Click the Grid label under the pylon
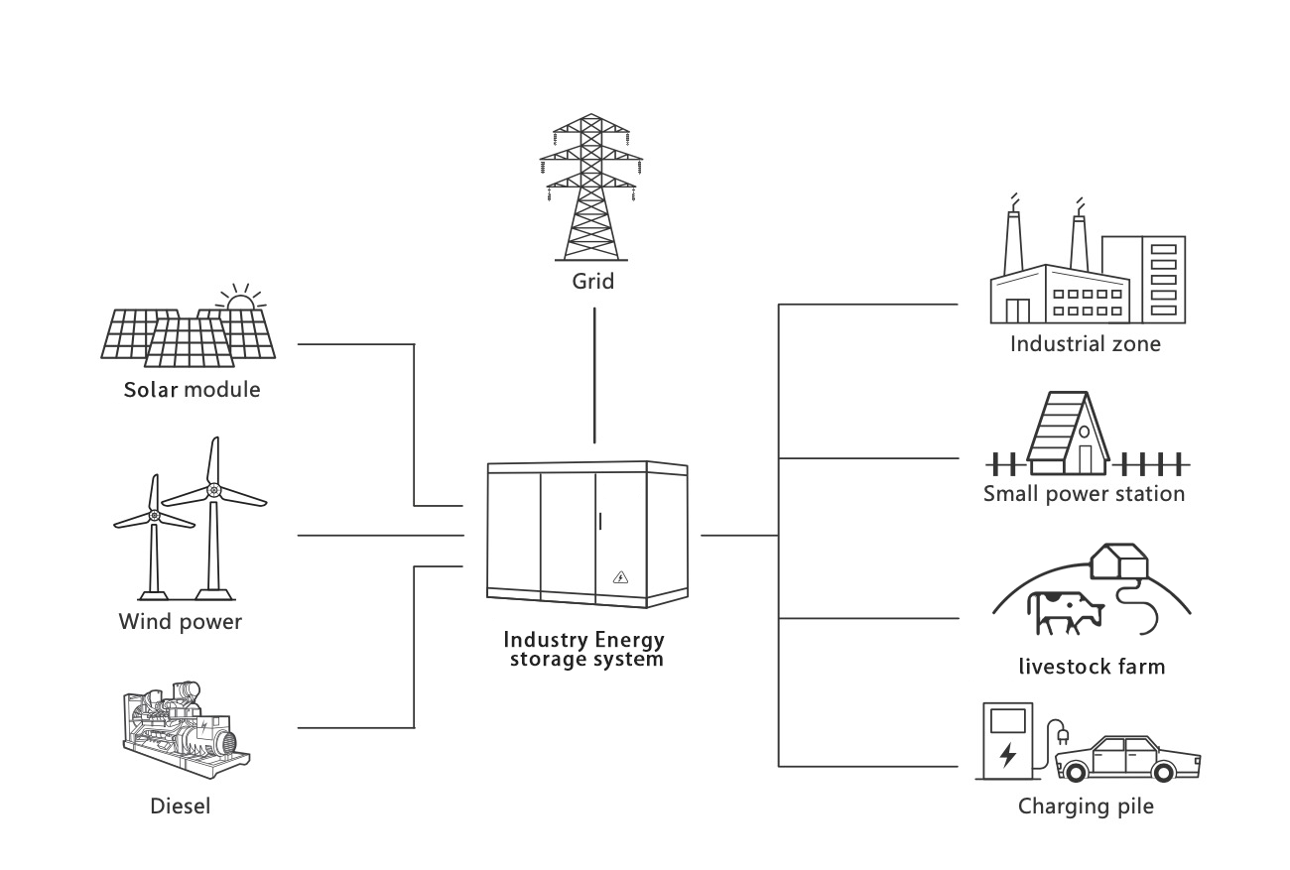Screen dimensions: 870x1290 592,282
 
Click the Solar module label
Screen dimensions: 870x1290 192,389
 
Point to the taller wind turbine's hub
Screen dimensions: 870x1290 212,490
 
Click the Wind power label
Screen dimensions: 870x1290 181,622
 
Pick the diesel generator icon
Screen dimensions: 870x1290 185,731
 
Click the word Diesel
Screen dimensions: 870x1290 181,806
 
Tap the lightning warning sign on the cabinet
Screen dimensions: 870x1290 621,577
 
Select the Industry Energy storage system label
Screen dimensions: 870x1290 584,649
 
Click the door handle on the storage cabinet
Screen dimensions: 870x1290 602,521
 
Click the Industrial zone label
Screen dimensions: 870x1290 1085,344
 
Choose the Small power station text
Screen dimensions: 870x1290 1084,493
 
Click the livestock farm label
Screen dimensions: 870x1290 1092,666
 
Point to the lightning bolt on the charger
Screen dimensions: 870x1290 1008,755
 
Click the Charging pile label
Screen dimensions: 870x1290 1086,806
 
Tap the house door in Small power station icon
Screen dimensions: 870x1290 1085,458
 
